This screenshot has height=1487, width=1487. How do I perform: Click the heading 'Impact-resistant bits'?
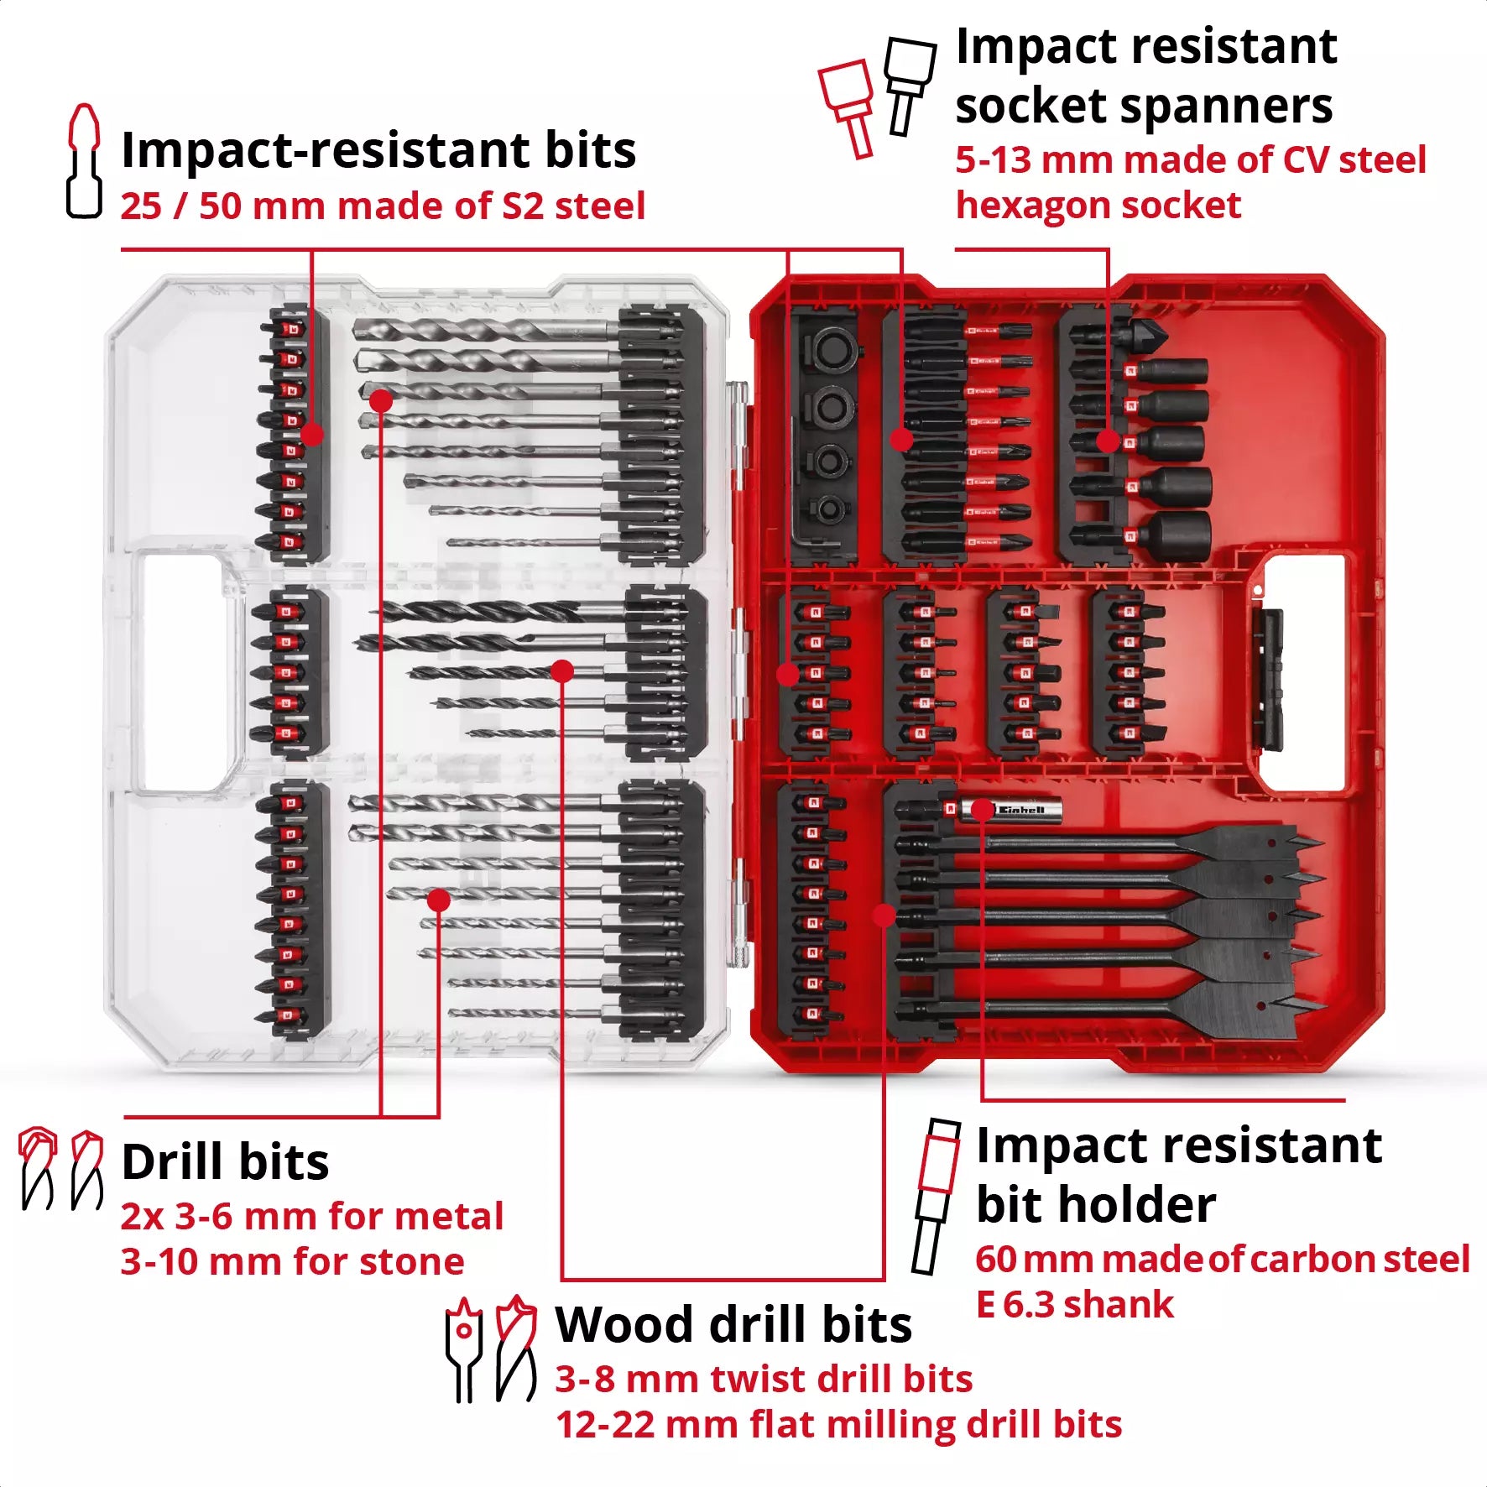pos(378,150)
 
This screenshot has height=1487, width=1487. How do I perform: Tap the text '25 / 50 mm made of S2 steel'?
pos(383,206)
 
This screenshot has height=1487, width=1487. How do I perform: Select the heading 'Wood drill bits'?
pos(733,1325)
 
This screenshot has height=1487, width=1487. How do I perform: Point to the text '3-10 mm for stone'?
pos(292,1261)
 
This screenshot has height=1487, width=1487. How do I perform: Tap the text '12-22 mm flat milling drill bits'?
pos(838,1424)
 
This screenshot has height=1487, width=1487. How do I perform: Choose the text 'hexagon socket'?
pos(1098,206)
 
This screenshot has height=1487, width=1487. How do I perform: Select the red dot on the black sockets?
pos(1108,441)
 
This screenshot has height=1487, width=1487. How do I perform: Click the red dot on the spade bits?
pos(884,916)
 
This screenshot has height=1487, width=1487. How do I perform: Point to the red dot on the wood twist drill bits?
pos(562,670)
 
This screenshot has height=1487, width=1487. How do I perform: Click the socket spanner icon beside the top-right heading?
pos(877,96)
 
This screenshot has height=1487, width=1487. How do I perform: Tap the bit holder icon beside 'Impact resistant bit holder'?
pos(935,1196)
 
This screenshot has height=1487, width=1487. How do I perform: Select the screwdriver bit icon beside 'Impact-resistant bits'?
pos(84,161)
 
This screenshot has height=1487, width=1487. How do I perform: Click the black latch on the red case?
pos(1267,679)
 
